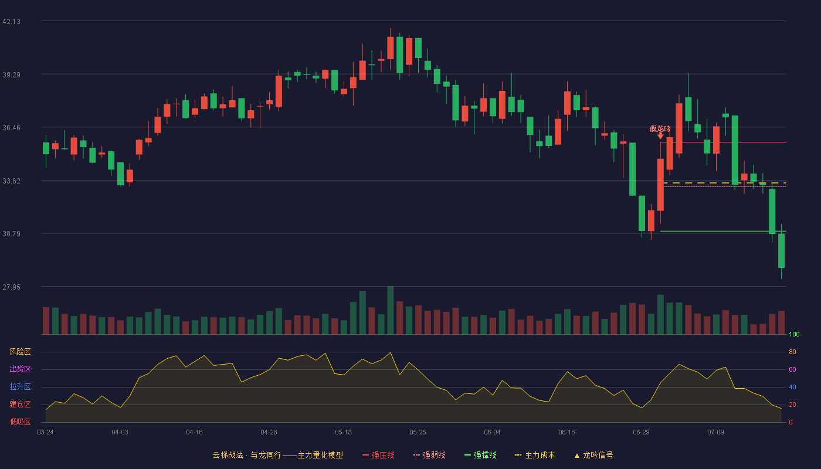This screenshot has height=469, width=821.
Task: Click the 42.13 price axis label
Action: tap(11, 22)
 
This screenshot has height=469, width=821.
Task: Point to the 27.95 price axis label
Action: tap(11, 287)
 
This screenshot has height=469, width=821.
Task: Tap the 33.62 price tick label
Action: tap(11, 181)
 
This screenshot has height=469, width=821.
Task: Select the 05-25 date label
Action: tap(418, 433)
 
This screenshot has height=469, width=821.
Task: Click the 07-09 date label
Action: tap(715, 433)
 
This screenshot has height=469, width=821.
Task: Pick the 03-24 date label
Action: tap(46, 433)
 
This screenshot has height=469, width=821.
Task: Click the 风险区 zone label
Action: tap(20, 352)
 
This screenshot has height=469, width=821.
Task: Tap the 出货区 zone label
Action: tap(20, 369)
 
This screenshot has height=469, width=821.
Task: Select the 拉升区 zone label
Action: tap(20, 386)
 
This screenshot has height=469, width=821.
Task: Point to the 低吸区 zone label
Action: tap(20, 422)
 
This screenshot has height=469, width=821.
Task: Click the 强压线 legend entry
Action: tap(378, 455)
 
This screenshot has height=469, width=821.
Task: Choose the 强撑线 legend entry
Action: tap(480, 455)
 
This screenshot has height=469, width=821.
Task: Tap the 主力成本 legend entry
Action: tap(535, 455)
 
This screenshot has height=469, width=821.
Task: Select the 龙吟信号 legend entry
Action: tap(593, 455)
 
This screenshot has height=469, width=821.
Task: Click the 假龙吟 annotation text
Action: tap(660, 128)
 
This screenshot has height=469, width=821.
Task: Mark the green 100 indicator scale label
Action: tap(794, 334)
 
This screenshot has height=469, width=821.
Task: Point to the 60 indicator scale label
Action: tap(792, 369)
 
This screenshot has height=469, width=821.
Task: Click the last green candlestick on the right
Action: tap(781, 251)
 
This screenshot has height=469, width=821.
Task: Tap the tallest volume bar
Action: tap(391, 310)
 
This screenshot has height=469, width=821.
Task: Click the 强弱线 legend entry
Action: tap(429, 455)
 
